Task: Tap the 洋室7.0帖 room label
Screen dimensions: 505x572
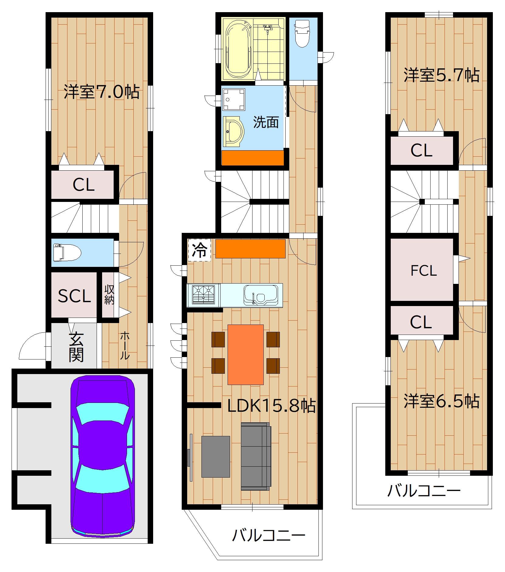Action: pos(102,91)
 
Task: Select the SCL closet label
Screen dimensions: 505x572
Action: pos(74,296)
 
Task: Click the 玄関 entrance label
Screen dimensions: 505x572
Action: pos(76,347)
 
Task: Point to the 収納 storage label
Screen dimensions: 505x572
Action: pos(109,295)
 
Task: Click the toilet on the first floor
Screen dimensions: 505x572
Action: pos(67,253)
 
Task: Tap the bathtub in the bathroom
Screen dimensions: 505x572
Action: pos(239,49)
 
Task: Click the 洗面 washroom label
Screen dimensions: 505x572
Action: pos(266,122)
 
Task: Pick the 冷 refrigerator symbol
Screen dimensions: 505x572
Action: pos(200,250)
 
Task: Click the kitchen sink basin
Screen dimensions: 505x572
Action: pos(261,295)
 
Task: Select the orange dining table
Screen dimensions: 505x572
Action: pos(246,355)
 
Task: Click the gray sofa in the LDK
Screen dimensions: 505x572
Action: pos(256,456)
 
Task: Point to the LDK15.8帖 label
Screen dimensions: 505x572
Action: pos(271,405)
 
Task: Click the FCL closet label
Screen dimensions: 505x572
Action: pos(424,271)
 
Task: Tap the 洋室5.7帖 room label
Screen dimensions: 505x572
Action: pos(441,75)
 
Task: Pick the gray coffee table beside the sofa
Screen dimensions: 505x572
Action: pos(216,457)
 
